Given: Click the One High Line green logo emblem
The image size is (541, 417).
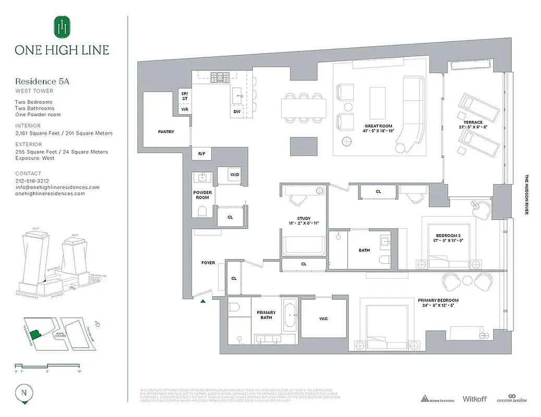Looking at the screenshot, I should coord(62,27).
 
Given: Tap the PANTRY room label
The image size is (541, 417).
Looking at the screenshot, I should coord(166,132).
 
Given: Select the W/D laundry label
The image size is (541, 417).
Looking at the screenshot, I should coord(227,175).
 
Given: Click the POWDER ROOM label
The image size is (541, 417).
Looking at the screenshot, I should coord(202,195).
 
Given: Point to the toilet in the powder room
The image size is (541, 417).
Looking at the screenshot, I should coord(202,211).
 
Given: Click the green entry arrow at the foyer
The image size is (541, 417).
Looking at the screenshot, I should coord(203,300).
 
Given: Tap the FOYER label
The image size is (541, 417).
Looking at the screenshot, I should coord(208,263).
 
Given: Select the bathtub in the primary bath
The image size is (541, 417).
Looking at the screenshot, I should coord(290,316).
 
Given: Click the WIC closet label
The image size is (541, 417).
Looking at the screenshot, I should coord(324,318).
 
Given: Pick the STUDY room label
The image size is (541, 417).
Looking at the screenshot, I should coord(304,218).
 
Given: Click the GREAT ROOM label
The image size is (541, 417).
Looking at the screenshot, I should coord(378,126).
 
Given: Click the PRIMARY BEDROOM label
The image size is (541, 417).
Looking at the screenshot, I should coord(438,300).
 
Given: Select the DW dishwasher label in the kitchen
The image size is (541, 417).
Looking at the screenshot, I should coord(237,112).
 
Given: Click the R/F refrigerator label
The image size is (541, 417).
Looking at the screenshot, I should coord(201,154).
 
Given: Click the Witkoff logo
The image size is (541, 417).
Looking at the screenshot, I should coord(474,399).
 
